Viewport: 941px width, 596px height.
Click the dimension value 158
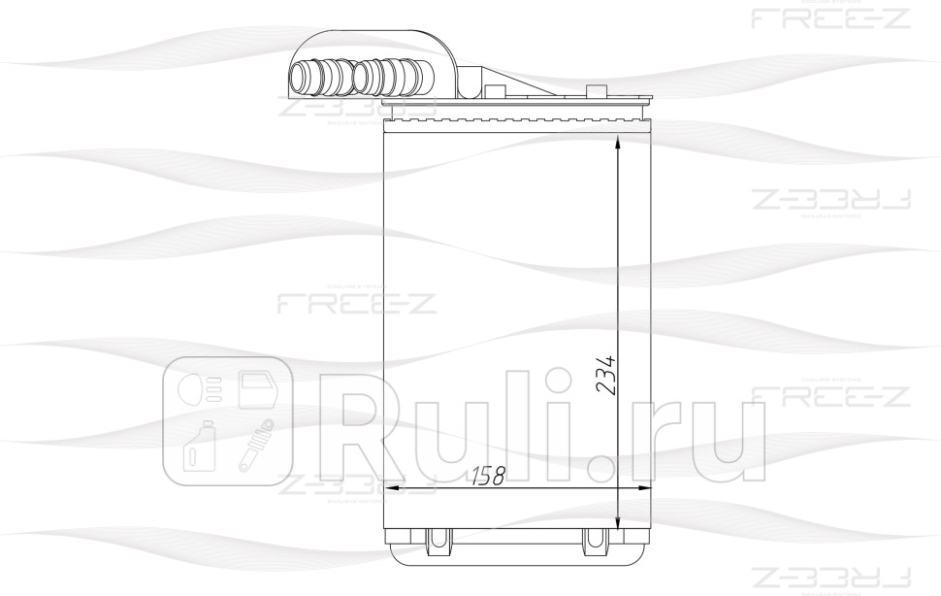487,477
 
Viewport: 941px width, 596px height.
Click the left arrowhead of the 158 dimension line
391,489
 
